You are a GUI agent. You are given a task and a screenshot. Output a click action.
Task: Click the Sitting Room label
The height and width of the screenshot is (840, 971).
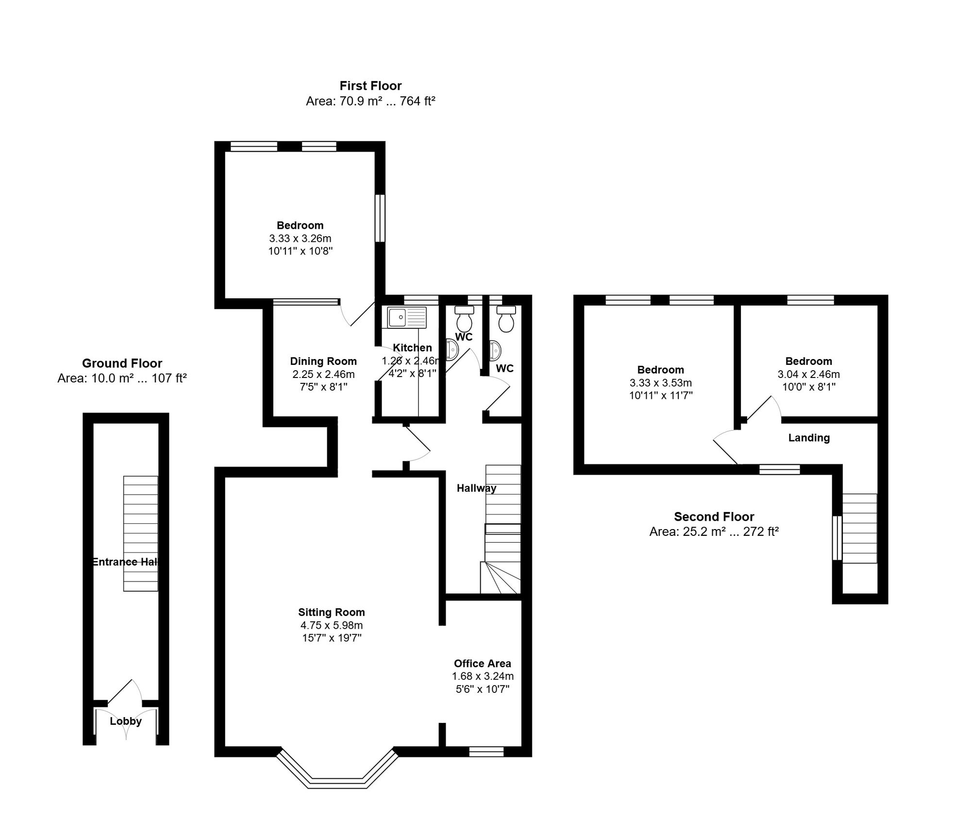[331, 612]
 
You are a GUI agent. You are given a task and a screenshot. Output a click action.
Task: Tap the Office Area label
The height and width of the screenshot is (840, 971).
[483, 663]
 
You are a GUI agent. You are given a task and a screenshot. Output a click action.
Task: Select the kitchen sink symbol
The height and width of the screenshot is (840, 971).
[407, 317]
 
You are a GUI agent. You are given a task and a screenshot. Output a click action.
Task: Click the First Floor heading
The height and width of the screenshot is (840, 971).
[370, 86]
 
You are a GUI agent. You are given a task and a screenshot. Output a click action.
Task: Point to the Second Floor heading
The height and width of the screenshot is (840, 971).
[714, 516]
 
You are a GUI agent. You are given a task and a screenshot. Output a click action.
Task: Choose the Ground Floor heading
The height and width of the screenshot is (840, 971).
[122, 363]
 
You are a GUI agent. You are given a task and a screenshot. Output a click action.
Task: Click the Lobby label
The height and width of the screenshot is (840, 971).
[126, 721]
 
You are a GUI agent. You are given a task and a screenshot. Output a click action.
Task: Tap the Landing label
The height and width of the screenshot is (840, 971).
[809, 438]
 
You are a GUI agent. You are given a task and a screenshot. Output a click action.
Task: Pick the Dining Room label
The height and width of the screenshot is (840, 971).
[323, 361]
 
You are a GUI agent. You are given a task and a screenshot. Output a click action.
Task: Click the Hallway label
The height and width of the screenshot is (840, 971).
[476, 488]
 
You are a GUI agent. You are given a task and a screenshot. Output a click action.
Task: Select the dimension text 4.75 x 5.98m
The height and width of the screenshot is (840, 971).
[331, 625]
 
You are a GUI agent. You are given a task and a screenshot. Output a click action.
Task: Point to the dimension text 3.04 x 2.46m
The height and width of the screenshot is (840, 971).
[809, 374]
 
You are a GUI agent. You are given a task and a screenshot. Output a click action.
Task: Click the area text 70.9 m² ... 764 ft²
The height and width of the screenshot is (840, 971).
[370, 101]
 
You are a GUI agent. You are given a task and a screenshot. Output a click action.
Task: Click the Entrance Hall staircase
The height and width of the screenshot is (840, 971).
[141, 533]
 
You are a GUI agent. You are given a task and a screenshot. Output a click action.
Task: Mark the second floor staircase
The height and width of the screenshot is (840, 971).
[860, 528]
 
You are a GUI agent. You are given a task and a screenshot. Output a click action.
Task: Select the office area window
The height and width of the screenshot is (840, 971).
[486, 752]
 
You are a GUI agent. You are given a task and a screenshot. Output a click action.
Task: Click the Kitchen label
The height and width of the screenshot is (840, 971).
[412, 348]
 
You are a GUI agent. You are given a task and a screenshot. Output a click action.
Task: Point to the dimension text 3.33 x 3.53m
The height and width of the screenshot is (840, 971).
[661, 383]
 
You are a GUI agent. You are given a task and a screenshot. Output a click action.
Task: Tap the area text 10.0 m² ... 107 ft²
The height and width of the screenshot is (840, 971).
[122, 378]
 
